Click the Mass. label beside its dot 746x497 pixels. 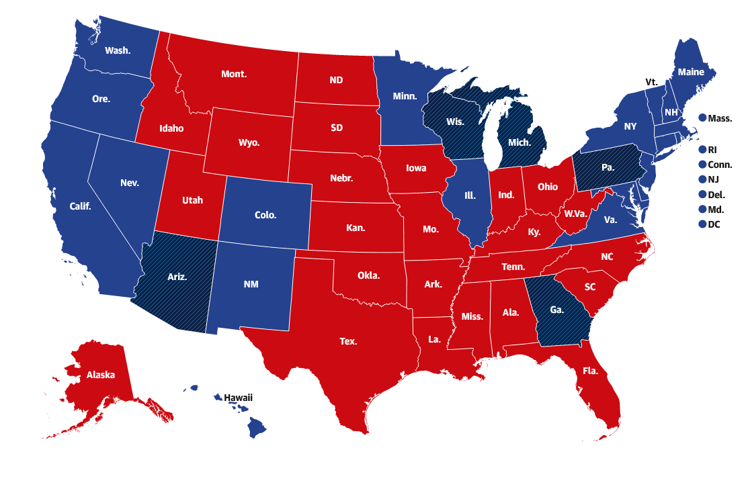point(720,118)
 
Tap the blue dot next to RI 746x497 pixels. point(702,150)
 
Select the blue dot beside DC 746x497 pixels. point(702,224)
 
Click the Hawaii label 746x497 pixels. point(239,398)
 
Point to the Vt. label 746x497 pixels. point(651,82)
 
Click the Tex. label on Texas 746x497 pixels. point(348,341)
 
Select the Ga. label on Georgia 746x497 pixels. point(557,310)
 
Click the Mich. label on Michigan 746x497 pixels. point(519,142)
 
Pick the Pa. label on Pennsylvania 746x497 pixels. point(608,167)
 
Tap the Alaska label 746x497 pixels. point(101,375)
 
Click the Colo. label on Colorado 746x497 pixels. point(265,216)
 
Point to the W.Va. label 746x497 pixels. point(576,214)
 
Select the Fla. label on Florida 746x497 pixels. point(591,371)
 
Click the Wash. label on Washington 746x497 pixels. point(118,50)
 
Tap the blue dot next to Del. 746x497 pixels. point(702,195)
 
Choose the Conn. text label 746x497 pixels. point(720,165)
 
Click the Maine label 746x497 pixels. point(691,71)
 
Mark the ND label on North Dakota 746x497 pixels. point(336,80)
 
